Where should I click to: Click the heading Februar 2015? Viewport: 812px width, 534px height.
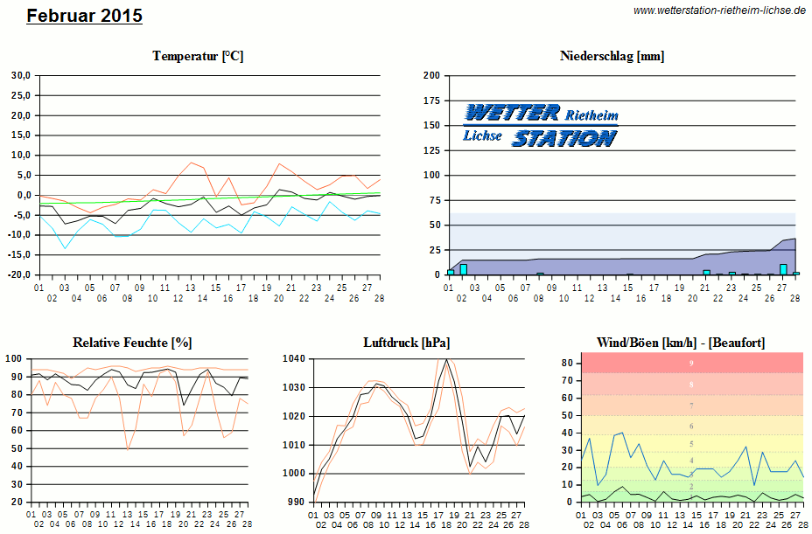[84, 16]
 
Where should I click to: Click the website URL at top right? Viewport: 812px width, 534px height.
[718, 10]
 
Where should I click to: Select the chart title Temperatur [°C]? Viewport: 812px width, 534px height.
[198, 56]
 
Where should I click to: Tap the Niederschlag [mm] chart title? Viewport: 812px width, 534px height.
[612, 56]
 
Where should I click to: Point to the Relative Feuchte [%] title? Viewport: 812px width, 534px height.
[132, 343]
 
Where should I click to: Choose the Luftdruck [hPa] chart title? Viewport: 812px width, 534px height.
[406, 343]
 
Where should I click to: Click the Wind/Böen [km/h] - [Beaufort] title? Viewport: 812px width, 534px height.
[680, 343]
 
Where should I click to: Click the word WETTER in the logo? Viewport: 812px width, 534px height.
[513, 113]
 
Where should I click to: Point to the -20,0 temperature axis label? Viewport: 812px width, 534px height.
[19, 274]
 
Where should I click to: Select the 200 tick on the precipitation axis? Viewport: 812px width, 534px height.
[430, 75]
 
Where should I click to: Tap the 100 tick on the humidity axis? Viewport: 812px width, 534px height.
[14, 359]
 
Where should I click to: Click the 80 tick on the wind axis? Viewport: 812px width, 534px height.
[567, 363]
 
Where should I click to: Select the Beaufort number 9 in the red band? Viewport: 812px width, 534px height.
[691, 363]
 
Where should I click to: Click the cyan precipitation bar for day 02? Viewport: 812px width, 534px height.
[464, 269]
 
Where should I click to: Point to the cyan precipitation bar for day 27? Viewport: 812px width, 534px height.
[783, 269]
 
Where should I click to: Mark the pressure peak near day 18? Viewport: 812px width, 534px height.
[446, 359]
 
